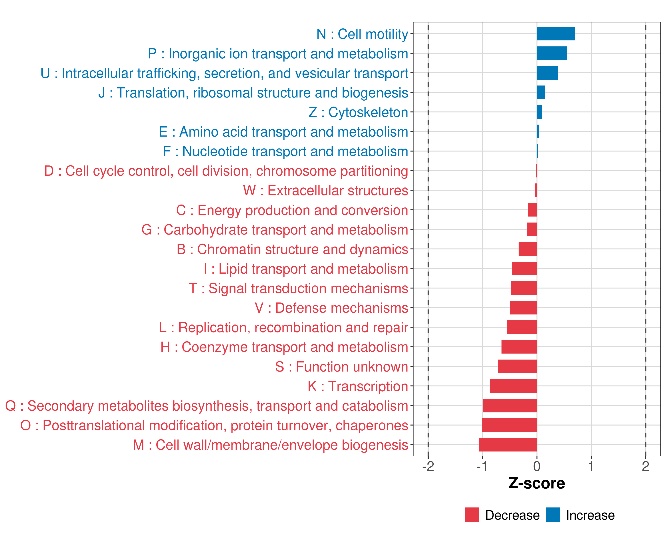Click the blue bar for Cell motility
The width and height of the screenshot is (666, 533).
[555, 34]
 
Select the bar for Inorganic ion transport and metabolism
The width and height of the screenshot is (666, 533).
[552, 53]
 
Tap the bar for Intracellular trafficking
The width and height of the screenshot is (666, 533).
[547, 73]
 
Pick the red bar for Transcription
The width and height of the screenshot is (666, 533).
[513, 386]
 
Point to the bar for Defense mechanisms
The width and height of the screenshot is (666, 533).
[523, 308]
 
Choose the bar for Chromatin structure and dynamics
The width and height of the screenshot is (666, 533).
[528, 249]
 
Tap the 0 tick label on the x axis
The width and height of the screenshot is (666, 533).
[537, 467]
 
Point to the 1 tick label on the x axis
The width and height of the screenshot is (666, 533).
[591, 467]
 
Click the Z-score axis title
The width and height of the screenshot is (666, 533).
[537, 483]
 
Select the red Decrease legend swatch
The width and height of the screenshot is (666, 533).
[472, 515]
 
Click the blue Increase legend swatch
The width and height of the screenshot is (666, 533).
[553, 515]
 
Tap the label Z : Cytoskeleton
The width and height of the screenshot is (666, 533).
[358, 112]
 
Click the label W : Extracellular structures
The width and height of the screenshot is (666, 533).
[326, 190]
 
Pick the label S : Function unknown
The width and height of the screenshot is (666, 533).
[342, 367]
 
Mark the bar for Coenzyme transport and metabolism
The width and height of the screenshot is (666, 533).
[519, 347]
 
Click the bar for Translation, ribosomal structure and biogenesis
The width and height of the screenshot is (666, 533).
[541, 92]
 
